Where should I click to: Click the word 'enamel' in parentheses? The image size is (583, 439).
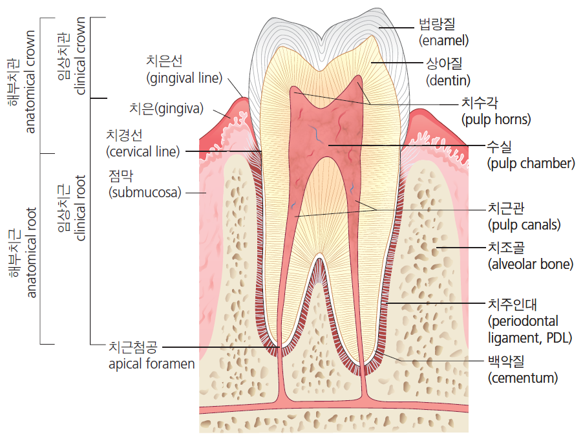[x=443, y=41]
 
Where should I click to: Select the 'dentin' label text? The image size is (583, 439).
[x=448, y=80]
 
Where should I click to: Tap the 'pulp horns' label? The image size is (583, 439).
[x=496, y=120]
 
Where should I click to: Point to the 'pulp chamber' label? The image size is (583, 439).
[x=531, y=164]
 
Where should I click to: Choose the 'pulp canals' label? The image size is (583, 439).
[x=524, y=225]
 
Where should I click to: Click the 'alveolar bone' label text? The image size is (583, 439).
[x=531, y=264]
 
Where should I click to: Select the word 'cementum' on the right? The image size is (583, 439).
[x=523, y=378]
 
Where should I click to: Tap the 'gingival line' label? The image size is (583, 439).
[x=184, y=78]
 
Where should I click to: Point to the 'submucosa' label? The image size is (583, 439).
[x=145, y=192]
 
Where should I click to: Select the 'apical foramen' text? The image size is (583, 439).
[x=152, y=364]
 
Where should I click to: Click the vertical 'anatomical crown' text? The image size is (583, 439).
[x=30, y=81]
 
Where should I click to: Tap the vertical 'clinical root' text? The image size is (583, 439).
[x=80, y=208]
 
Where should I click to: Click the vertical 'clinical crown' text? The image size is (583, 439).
[x=80, y=56]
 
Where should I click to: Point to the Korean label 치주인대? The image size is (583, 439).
[x=513, y=305]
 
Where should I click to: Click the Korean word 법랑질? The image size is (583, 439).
[x=437, y=24]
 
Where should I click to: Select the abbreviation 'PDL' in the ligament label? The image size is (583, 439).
[x=559, y=338]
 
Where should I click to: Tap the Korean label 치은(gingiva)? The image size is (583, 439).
[x=166, y=108]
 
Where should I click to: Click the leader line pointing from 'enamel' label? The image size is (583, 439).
[x=396, y=28]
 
